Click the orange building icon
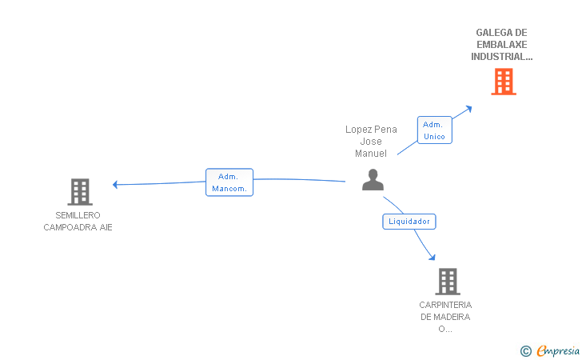[504, 82]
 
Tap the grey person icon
[373, 180]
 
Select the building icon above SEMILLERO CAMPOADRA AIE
[80, 192]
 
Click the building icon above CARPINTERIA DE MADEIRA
[448, 282]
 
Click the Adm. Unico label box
[435, 130]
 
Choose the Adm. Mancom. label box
[229, 182]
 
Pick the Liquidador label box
[409, 222]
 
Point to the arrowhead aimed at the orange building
[468, 109]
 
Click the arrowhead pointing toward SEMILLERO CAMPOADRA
[115, 184]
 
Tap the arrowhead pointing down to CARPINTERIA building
[432, 257]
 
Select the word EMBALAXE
[502, 45]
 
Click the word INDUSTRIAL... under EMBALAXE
[502, 57]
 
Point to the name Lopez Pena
[371, 130]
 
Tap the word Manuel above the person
[371, 154]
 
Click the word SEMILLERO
[78, 215]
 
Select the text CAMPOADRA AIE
[78, 227]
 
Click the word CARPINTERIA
[445, 305]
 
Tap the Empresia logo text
[558, 350]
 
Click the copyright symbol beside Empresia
[526, 351]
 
